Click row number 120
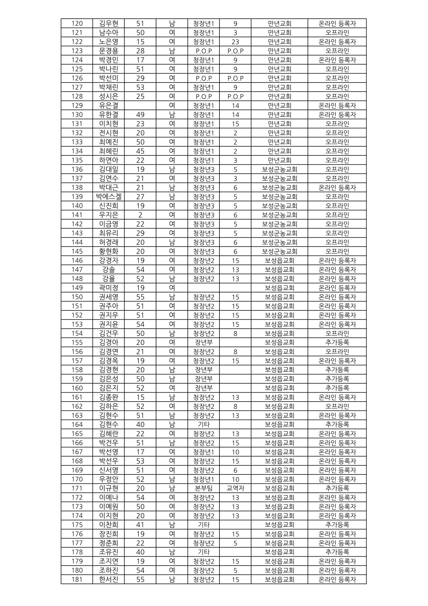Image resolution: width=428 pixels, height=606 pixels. [x=77, y=23]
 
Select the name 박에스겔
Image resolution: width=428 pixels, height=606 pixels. [x=108, y=197]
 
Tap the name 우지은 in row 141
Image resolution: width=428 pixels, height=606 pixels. [x=108, y=215]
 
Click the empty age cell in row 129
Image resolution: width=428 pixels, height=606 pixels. [x=140, y=106]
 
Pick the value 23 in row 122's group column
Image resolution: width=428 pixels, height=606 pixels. [x=235, y=42]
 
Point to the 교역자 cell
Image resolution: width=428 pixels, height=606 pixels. [x=235, y=488]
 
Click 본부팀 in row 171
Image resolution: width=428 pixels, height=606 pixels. [x=204, y=488]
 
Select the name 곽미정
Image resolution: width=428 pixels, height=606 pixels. [x=108, y=288]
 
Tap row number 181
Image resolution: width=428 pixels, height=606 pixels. [x=77, y=579]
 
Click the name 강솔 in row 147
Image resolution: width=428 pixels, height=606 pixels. [x=108, y=270]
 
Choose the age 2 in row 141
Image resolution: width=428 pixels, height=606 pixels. [x=140, y=215]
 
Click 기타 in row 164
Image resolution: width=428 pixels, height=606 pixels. [x=204, y=424]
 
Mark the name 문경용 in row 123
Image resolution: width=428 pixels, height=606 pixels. [x=108, y=51]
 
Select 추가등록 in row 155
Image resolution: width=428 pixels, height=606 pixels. [x=337, y=343]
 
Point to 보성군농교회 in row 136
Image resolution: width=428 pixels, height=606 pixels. [x=279, y=169]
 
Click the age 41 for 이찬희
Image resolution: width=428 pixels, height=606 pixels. [x=140, y=525]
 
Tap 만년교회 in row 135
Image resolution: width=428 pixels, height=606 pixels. [x=279, y=160]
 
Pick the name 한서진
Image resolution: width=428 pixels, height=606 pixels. [x=108, y=579]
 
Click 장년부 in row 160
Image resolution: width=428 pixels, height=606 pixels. [x=204, y=388]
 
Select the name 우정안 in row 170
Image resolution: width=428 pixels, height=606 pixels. [x=108, y=479]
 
